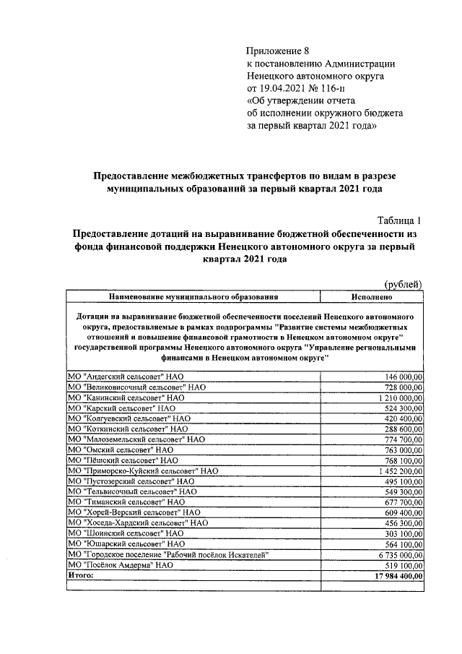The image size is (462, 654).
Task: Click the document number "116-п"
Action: click(329, 88)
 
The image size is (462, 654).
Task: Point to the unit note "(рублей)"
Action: click(402, 285)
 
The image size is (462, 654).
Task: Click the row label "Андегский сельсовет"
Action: click(126, 377)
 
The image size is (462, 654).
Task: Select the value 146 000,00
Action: click(404, 377)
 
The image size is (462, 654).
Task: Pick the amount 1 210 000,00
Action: click(399, 397)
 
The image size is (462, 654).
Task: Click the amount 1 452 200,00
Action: click(399, 470)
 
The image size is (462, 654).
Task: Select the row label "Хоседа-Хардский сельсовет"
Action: click(137, 522)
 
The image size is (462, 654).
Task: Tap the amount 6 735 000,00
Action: click(399, 554)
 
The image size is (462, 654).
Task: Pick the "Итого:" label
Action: click(82, 575)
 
